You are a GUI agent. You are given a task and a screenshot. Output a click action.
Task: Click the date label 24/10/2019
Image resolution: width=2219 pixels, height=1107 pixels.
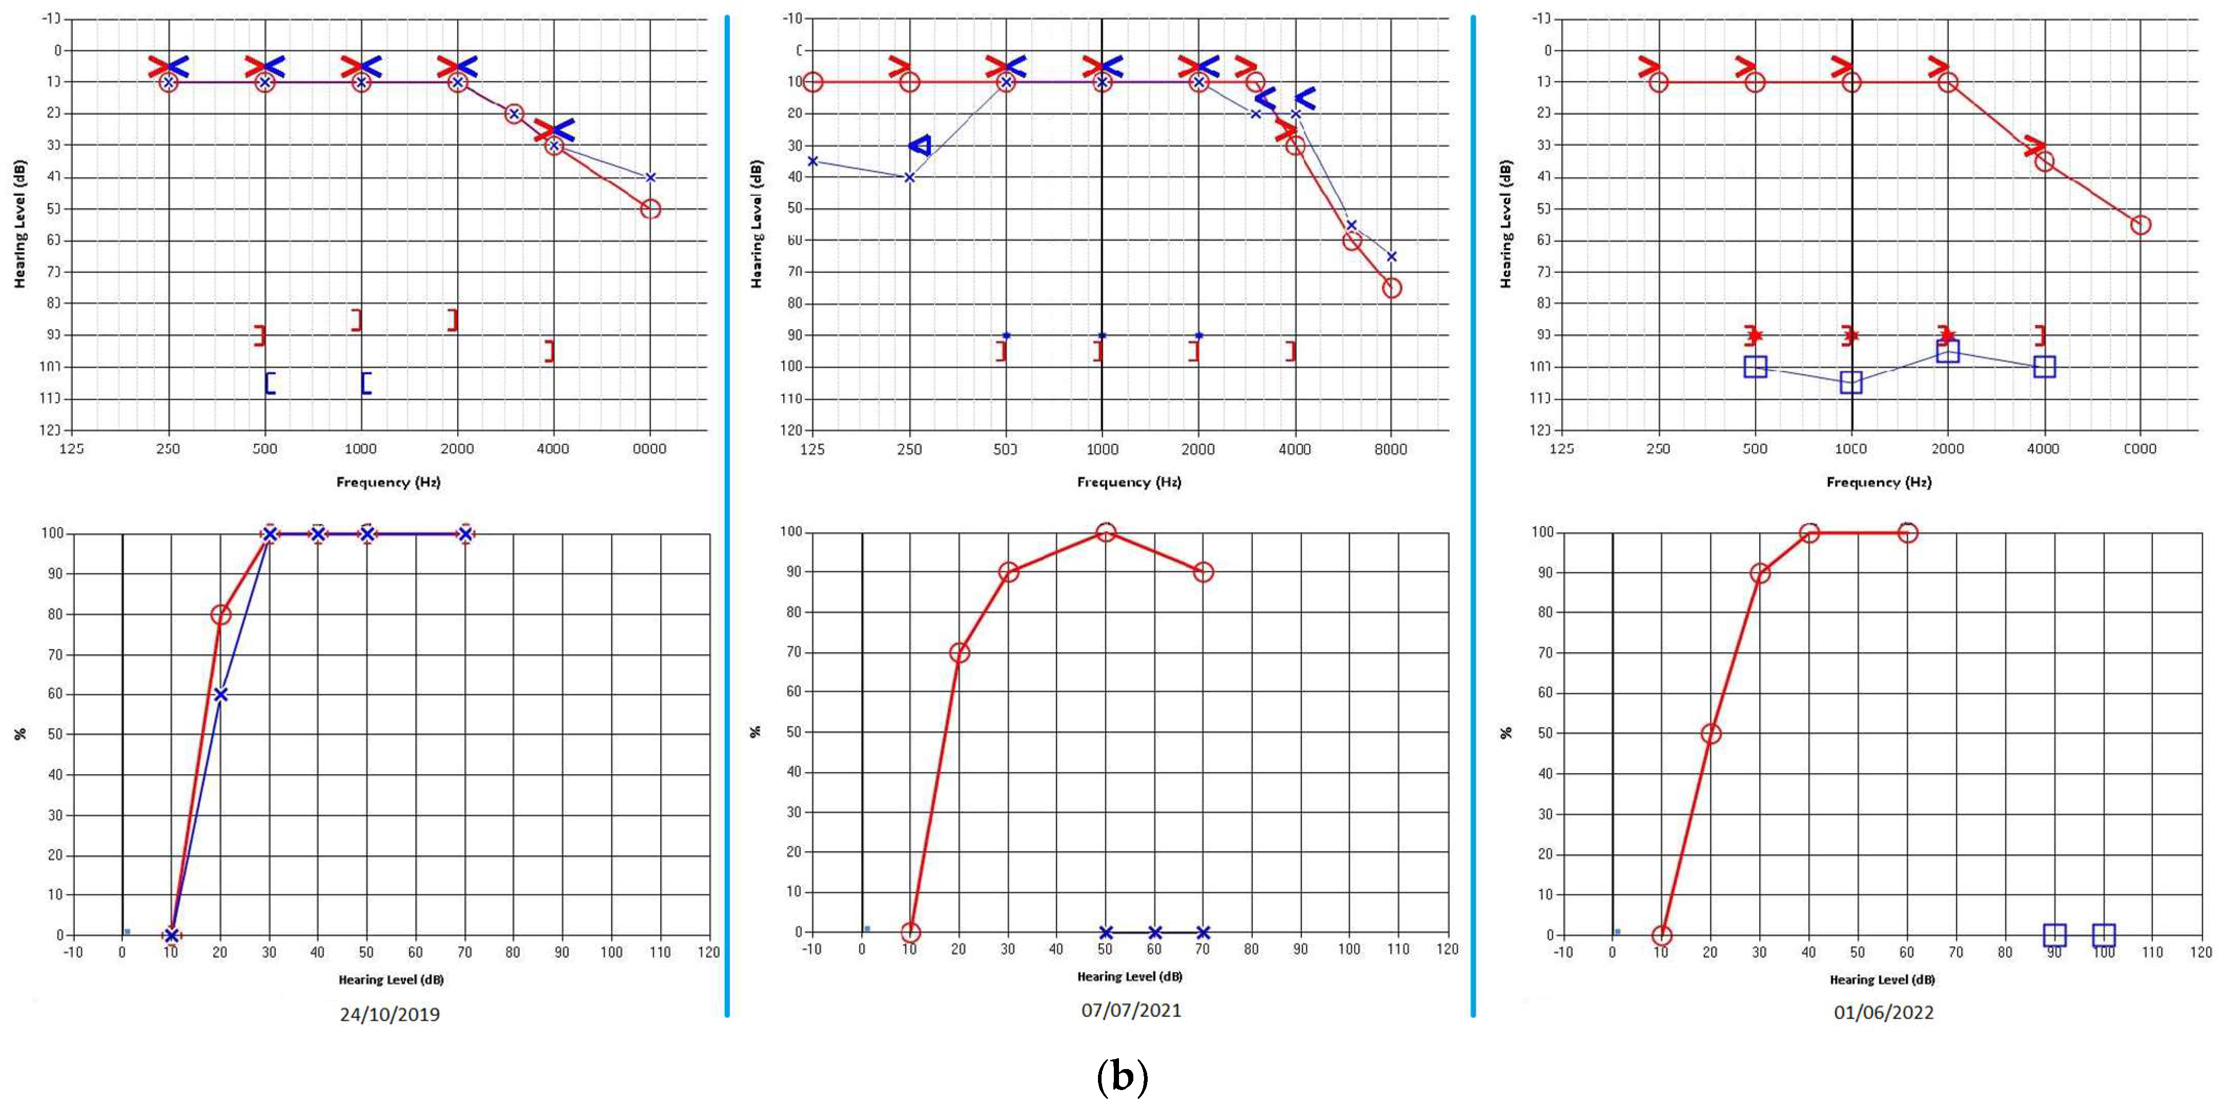click(x=390, y=1014)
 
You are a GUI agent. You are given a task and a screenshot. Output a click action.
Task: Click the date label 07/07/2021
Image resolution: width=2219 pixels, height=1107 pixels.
click(x=1131, y=1010)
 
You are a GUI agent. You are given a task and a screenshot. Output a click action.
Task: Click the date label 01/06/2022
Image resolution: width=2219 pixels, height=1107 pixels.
click(x=1883, y=1012)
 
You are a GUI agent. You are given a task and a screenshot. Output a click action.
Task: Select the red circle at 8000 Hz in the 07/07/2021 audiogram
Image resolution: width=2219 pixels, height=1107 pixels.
click(x=1391, y=288)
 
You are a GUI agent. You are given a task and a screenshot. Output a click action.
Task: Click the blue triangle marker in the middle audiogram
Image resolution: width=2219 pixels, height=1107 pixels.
click(x=920, y=146)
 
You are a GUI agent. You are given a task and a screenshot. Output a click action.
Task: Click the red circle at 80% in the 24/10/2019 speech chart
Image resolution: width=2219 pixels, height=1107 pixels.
click(x=220, y=614)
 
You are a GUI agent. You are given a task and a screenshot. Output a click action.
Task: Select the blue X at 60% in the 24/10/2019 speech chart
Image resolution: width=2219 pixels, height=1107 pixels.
click(x=220, y=694)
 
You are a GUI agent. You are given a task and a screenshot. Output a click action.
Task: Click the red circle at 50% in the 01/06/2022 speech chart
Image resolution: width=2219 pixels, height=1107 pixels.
click(x=1711, y=734)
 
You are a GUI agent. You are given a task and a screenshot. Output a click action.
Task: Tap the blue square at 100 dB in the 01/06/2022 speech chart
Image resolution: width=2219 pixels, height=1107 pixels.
click(x=2104, y=935)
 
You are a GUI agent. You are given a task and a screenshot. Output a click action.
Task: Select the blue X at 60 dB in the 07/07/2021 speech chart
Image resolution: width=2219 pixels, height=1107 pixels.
click(x=1155, y=932)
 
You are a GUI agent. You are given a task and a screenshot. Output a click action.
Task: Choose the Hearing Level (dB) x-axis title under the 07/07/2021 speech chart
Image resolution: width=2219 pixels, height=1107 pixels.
click(x=1129, y=976)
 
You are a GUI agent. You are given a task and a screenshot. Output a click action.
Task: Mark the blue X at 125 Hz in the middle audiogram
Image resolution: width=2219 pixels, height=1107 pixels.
click(x=812, y=161)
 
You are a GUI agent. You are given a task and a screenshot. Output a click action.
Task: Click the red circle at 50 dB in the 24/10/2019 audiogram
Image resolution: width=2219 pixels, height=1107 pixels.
click(x=650, y=209)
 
